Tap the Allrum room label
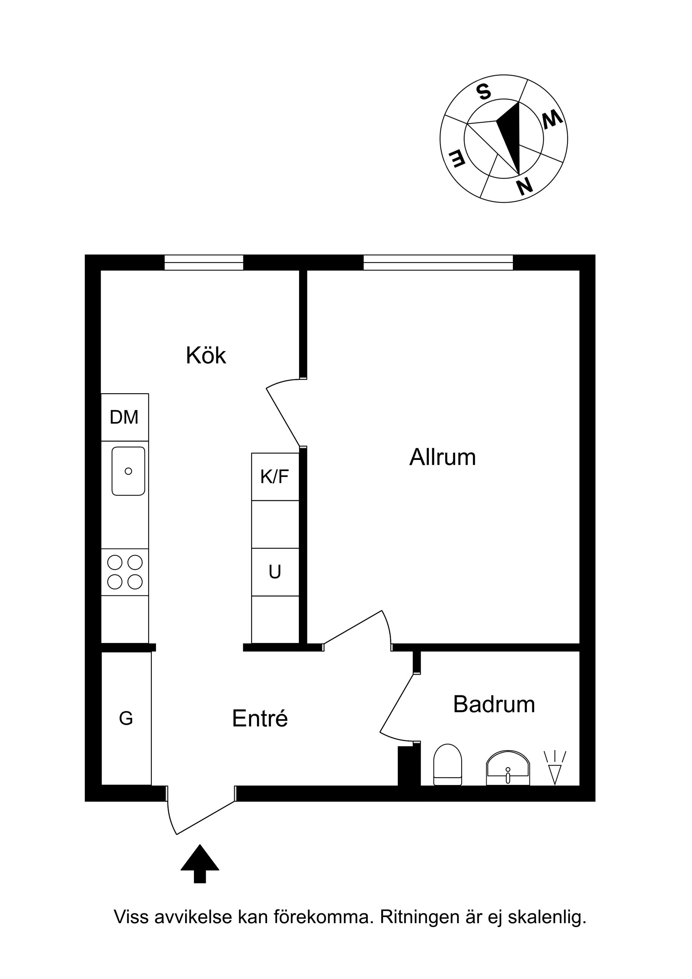(x=443, y=457)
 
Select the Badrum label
(x=494, y=704)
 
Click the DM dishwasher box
(x=124, y=417)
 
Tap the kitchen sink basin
(x=128, y=471)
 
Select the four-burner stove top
(x=125, y=572)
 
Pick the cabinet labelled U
(x=275, y=572)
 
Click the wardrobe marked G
(x=126, y=718)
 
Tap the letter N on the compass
(x=524, y=186)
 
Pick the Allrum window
(x=438, y=263)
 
